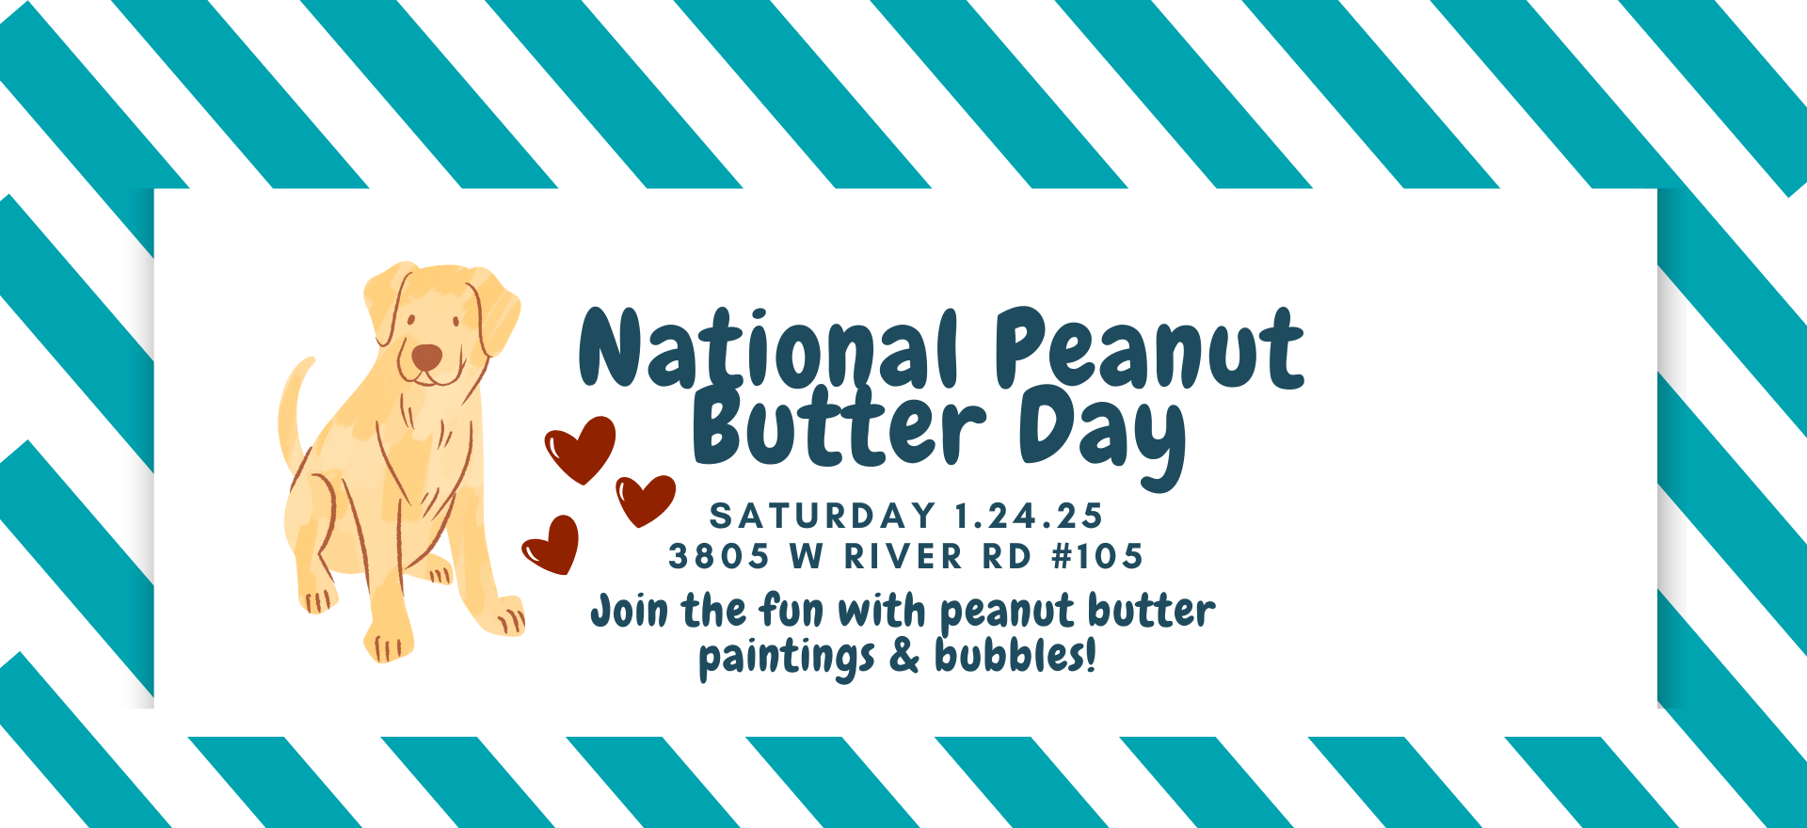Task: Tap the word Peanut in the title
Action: click(1149, 347)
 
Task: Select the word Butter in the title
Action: click(839, 427)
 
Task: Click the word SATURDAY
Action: click(823, 516)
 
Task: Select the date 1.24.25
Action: click(1029, 516)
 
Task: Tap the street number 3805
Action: click(719, 556)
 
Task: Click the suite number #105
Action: click(1097, 556)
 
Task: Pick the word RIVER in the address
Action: click(903, 556)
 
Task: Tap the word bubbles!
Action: click(1015, 655)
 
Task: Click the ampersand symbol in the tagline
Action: click(903, 656)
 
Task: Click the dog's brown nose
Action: click(426, 357)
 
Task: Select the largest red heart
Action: click(581, 450)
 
